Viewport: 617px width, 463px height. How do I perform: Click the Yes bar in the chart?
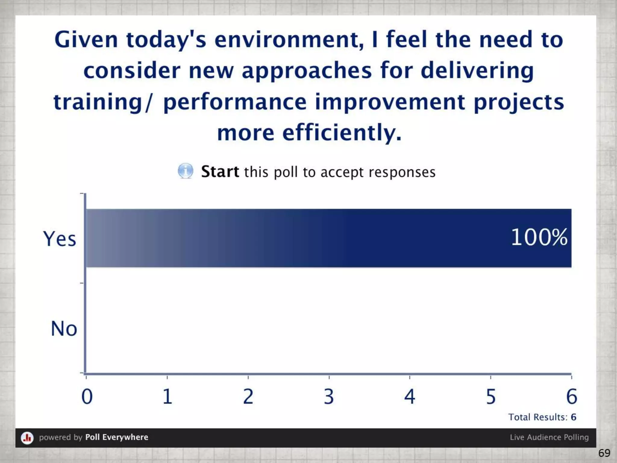tap(328, 238)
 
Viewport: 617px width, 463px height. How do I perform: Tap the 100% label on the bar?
tap(539, 237)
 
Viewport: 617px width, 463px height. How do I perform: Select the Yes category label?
tap(59, 239)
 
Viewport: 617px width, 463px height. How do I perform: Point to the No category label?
tap(64, 329)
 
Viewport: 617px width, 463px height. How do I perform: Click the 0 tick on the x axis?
tap(87, 396)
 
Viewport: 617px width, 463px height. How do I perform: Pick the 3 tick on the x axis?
tap(329, 396)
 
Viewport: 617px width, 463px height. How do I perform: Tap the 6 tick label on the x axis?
tap(572, 396)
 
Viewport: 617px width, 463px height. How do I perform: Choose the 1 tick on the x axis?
tap(168, 396)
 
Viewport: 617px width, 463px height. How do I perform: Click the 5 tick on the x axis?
tap(491, 396)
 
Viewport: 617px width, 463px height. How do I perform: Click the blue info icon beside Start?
tap(185, 171)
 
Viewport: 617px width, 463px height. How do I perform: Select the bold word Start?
tap(220, 172)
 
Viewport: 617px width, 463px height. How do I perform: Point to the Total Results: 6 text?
tap(542, 417)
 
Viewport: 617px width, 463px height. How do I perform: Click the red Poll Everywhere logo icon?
tap(27, 437)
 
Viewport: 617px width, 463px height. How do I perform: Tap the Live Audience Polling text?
tap(549, 437)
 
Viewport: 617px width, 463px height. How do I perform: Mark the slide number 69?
tap(604, 453)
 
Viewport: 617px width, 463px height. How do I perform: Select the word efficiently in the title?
tap(342, 133)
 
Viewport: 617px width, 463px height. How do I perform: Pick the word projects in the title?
tap(518, 102)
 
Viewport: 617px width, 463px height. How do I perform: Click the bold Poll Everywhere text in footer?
tap(117, 437)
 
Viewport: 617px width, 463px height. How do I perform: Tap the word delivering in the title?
tap(477, 71)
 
